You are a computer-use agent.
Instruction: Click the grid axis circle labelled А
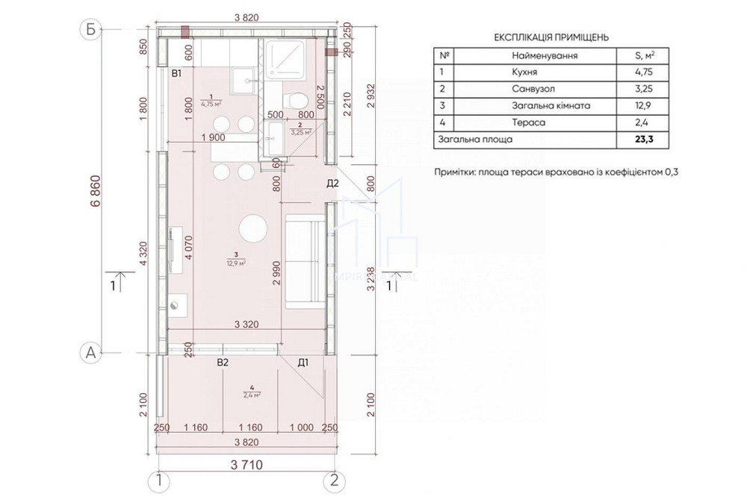(91, 353)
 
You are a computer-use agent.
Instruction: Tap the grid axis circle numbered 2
(335, 479)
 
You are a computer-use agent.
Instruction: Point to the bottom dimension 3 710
(247, 465)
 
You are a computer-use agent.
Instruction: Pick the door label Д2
(333, 184)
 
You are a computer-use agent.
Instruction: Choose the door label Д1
(303, 363)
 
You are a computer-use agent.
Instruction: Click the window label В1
(177, 73)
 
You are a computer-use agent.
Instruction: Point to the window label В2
(222, 363)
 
